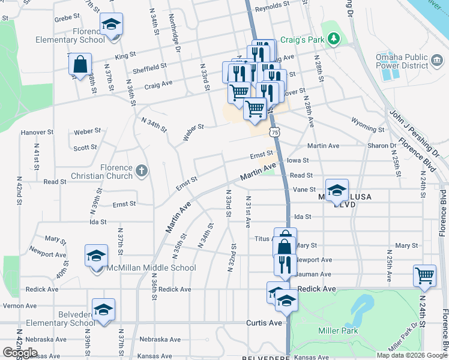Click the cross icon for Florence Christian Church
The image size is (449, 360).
pyautogui.click(x=141, y=171)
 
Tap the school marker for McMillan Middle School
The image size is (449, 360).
pyautogui.click(x=97, y=256)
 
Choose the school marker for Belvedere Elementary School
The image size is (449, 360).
pyautogui.click(x=103, y=310)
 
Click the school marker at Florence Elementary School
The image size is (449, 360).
pyautogui.click(x=111, y=25)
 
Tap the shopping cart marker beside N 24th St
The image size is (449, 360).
pyautogui.click(x=424, y=275)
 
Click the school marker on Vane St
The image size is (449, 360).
pyautogui.click(x=337, y=190)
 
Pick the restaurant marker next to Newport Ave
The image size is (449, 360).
pyautogui.click(x=285, y=264)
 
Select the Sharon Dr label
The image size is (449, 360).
pyautogui.click(x=385, y=146)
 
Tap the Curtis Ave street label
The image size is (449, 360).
pyautogui.click(x=264, y=323)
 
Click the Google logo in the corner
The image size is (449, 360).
pyautogui.click(x=20, y=353)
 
